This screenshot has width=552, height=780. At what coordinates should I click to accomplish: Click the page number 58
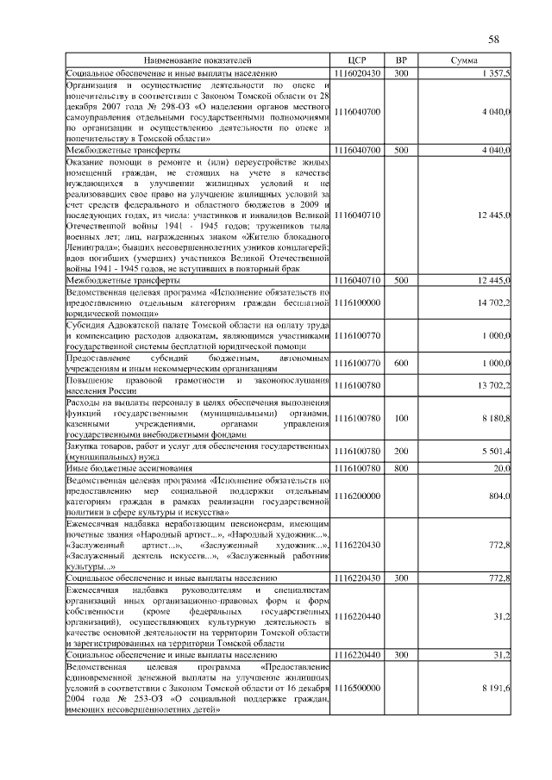[x=494, y=40]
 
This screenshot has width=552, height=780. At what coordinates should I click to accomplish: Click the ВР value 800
[x=401, y=467]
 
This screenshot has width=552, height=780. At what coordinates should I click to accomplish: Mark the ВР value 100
[x=401, y=418]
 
